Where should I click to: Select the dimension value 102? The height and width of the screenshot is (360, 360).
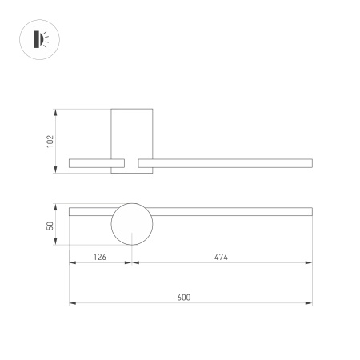[50, 140]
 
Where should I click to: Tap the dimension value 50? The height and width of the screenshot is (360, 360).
[50, 226]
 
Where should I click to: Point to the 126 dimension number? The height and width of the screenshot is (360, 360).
[100, 257]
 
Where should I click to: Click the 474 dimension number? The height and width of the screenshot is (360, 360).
[222, 257]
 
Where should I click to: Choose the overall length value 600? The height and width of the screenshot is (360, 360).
[183, 297]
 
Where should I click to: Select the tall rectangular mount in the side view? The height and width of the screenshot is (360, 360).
[131, 132]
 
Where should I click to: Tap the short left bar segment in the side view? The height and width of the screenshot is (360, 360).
[90, 163]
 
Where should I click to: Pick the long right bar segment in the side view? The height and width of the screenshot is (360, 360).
[225, 163]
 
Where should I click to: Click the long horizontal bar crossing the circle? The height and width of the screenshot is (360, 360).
[224, 211]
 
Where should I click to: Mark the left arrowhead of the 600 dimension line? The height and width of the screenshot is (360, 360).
[72, 303]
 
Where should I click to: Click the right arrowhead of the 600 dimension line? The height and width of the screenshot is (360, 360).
[310, 303]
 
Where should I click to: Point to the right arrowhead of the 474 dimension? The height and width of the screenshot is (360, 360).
[310, 263]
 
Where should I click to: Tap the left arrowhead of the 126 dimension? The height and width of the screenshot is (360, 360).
[72, 263]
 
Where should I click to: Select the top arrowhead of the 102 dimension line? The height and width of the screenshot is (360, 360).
[56, 110]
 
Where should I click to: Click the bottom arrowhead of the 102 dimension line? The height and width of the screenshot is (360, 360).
[56, 170]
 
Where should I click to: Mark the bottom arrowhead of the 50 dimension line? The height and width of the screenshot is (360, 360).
[56, 243]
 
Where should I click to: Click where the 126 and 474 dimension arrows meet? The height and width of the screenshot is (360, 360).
[131, 263]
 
